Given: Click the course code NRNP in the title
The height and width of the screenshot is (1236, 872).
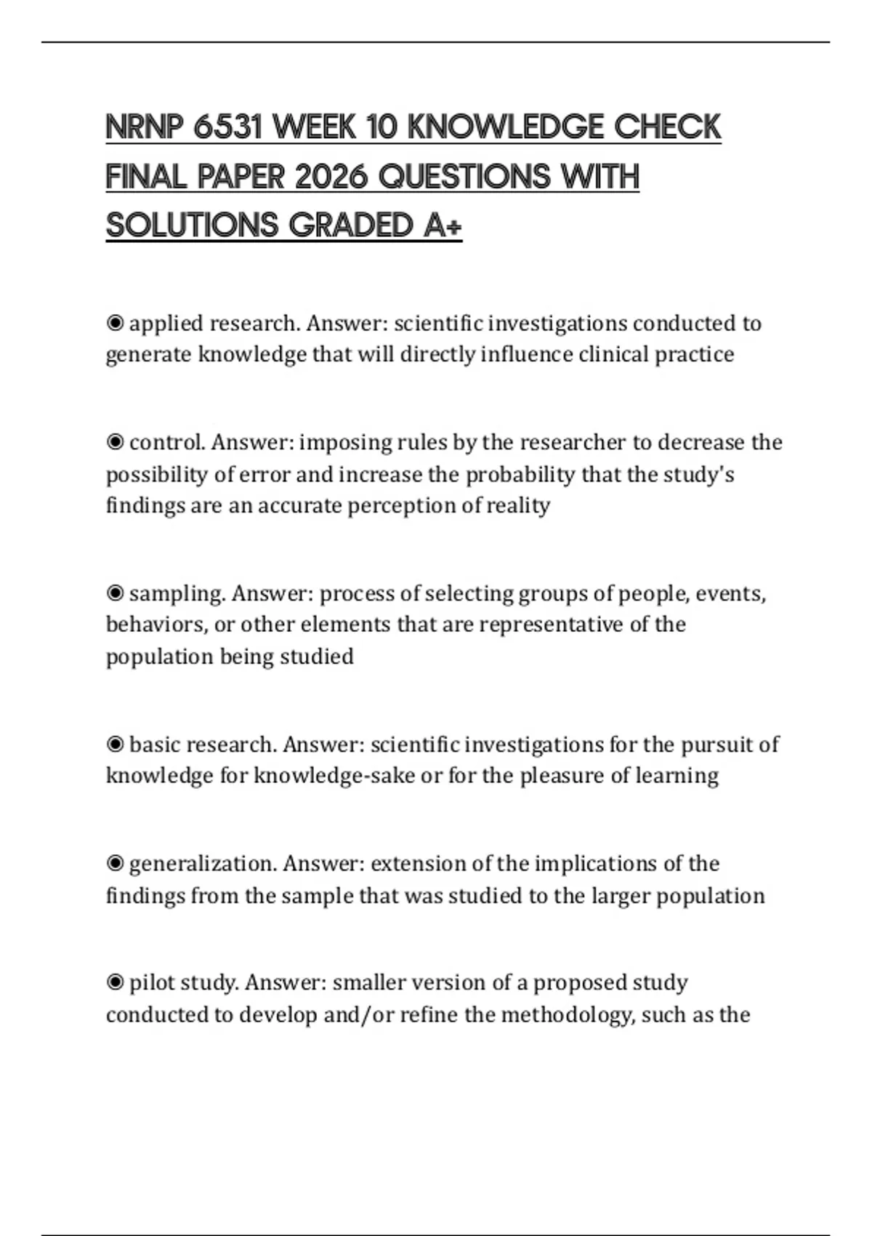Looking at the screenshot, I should coord(144,127).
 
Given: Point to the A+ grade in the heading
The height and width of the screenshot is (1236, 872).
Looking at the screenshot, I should coord(442,225).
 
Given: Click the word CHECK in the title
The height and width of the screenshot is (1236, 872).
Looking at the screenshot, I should coord(667,127).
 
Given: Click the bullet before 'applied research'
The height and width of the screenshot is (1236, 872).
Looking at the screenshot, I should coord(115,323).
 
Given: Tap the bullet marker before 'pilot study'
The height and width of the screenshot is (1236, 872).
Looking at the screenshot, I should coord(115,983).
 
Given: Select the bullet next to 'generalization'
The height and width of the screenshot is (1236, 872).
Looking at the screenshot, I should coord(115,864).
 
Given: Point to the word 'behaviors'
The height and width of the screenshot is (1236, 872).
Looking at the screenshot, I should coord(156,625).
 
